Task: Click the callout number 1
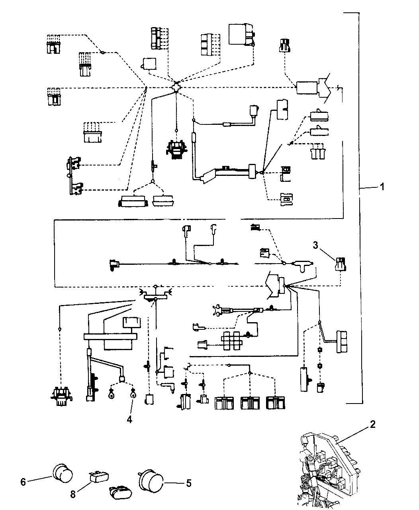382,187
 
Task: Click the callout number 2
372,425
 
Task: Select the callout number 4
129,419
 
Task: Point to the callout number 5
188,483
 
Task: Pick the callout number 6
23,482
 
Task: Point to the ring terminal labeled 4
132,395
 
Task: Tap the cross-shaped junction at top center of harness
176,87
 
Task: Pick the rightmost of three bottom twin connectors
276,402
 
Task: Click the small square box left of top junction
149,63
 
